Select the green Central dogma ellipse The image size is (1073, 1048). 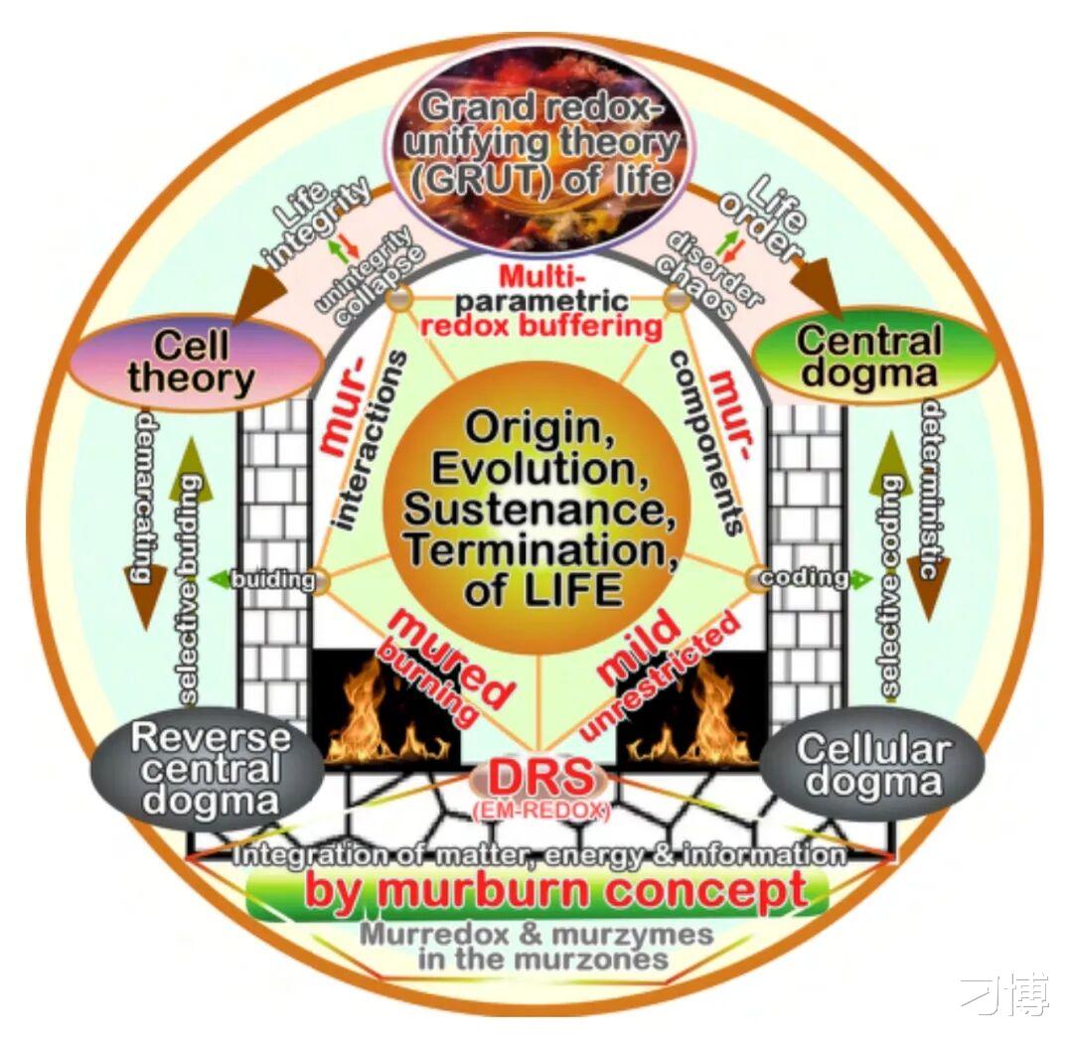(x=872, y=357)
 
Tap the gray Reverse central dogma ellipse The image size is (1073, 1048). (x=208, y=768)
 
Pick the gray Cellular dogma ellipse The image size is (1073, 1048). (x=873, y=764)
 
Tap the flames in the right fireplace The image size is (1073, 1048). (x=691, y=715)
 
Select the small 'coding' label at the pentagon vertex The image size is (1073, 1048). (x=805, y=578)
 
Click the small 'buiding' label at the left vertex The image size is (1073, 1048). (x=272, y=580)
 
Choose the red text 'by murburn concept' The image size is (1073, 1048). (x=554, y=891)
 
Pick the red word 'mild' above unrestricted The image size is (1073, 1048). (x=640, y=647)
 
